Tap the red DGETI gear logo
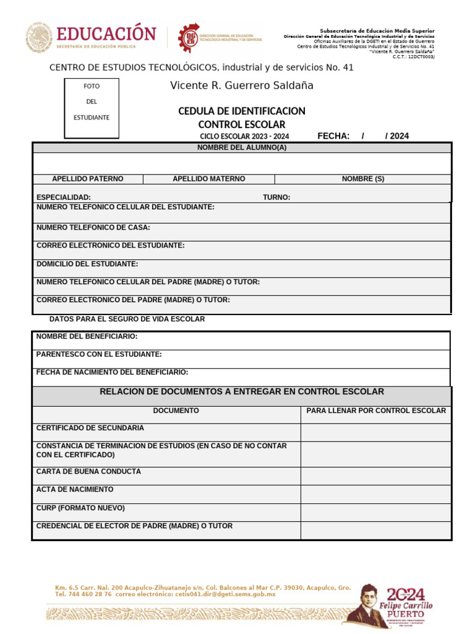click(x=189, y=38)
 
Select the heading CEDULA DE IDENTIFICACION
click(x=241, y=111)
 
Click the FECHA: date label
click(x=333, y=136)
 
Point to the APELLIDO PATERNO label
click(x=87, y=179)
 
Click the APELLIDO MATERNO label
click(x=208, y=179)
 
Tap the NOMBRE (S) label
click(x=363, y=179)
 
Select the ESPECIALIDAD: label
click(x=64, y=198)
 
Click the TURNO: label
click(x=276, y=198)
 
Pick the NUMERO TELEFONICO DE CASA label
click(x=93, y=228)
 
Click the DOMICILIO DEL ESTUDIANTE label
click(x=87, y=264)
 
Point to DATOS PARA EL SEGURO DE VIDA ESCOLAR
click(x=127, y=319)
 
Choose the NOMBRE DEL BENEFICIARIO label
click(x=87, y=337)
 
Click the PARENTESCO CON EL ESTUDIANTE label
click(x=99, y=355)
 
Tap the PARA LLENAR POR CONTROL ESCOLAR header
click(x=376, y=410)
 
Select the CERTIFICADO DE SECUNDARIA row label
click(x=90, y=428)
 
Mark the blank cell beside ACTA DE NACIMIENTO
click(x=376, y=494)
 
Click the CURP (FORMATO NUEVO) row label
click(x=80, y=508)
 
